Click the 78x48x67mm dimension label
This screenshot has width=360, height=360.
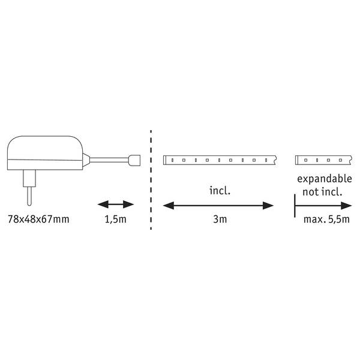click(38, 219)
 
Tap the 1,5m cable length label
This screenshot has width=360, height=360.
click(115, 219)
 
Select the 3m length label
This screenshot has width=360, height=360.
click(220, 219)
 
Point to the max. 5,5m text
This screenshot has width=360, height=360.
click(326, 219)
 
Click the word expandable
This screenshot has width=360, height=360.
click(325, 179)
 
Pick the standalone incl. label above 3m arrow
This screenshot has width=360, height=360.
click(220, 191)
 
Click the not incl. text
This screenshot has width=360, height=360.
click(322, 192)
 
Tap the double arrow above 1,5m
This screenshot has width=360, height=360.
click(116, 204)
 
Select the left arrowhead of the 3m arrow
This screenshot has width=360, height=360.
click(168, 205)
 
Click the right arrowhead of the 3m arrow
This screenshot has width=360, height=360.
click(268, 205)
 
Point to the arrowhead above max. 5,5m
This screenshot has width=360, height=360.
click(346, 205)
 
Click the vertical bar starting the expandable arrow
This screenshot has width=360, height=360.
click(295, 205)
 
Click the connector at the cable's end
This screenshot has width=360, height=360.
click(134, 160)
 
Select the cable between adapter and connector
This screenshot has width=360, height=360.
click(109, 160)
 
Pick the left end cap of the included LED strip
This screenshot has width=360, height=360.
click(164, 160)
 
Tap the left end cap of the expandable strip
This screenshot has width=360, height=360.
click(296, 160)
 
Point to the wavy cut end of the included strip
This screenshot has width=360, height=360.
click(275, 160)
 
